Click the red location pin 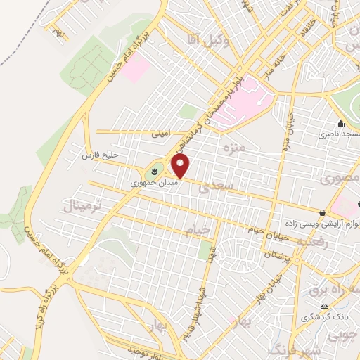click(x=181, y=167)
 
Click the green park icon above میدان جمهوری click(x=155, y=171)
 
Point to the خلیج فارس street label click(x=98, y=153)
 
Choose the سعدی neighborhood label click(x=213, y=187)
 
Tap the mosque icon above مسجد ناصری click(x=340, y=123)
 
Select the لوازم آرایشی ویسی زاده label click(x=323, y=223)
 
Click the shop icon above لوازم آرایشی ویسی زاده click(x=323, y=212)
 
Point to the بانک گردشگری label click(x=324, y=317)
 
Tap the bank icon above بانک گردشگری click(x=324, y=307)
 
